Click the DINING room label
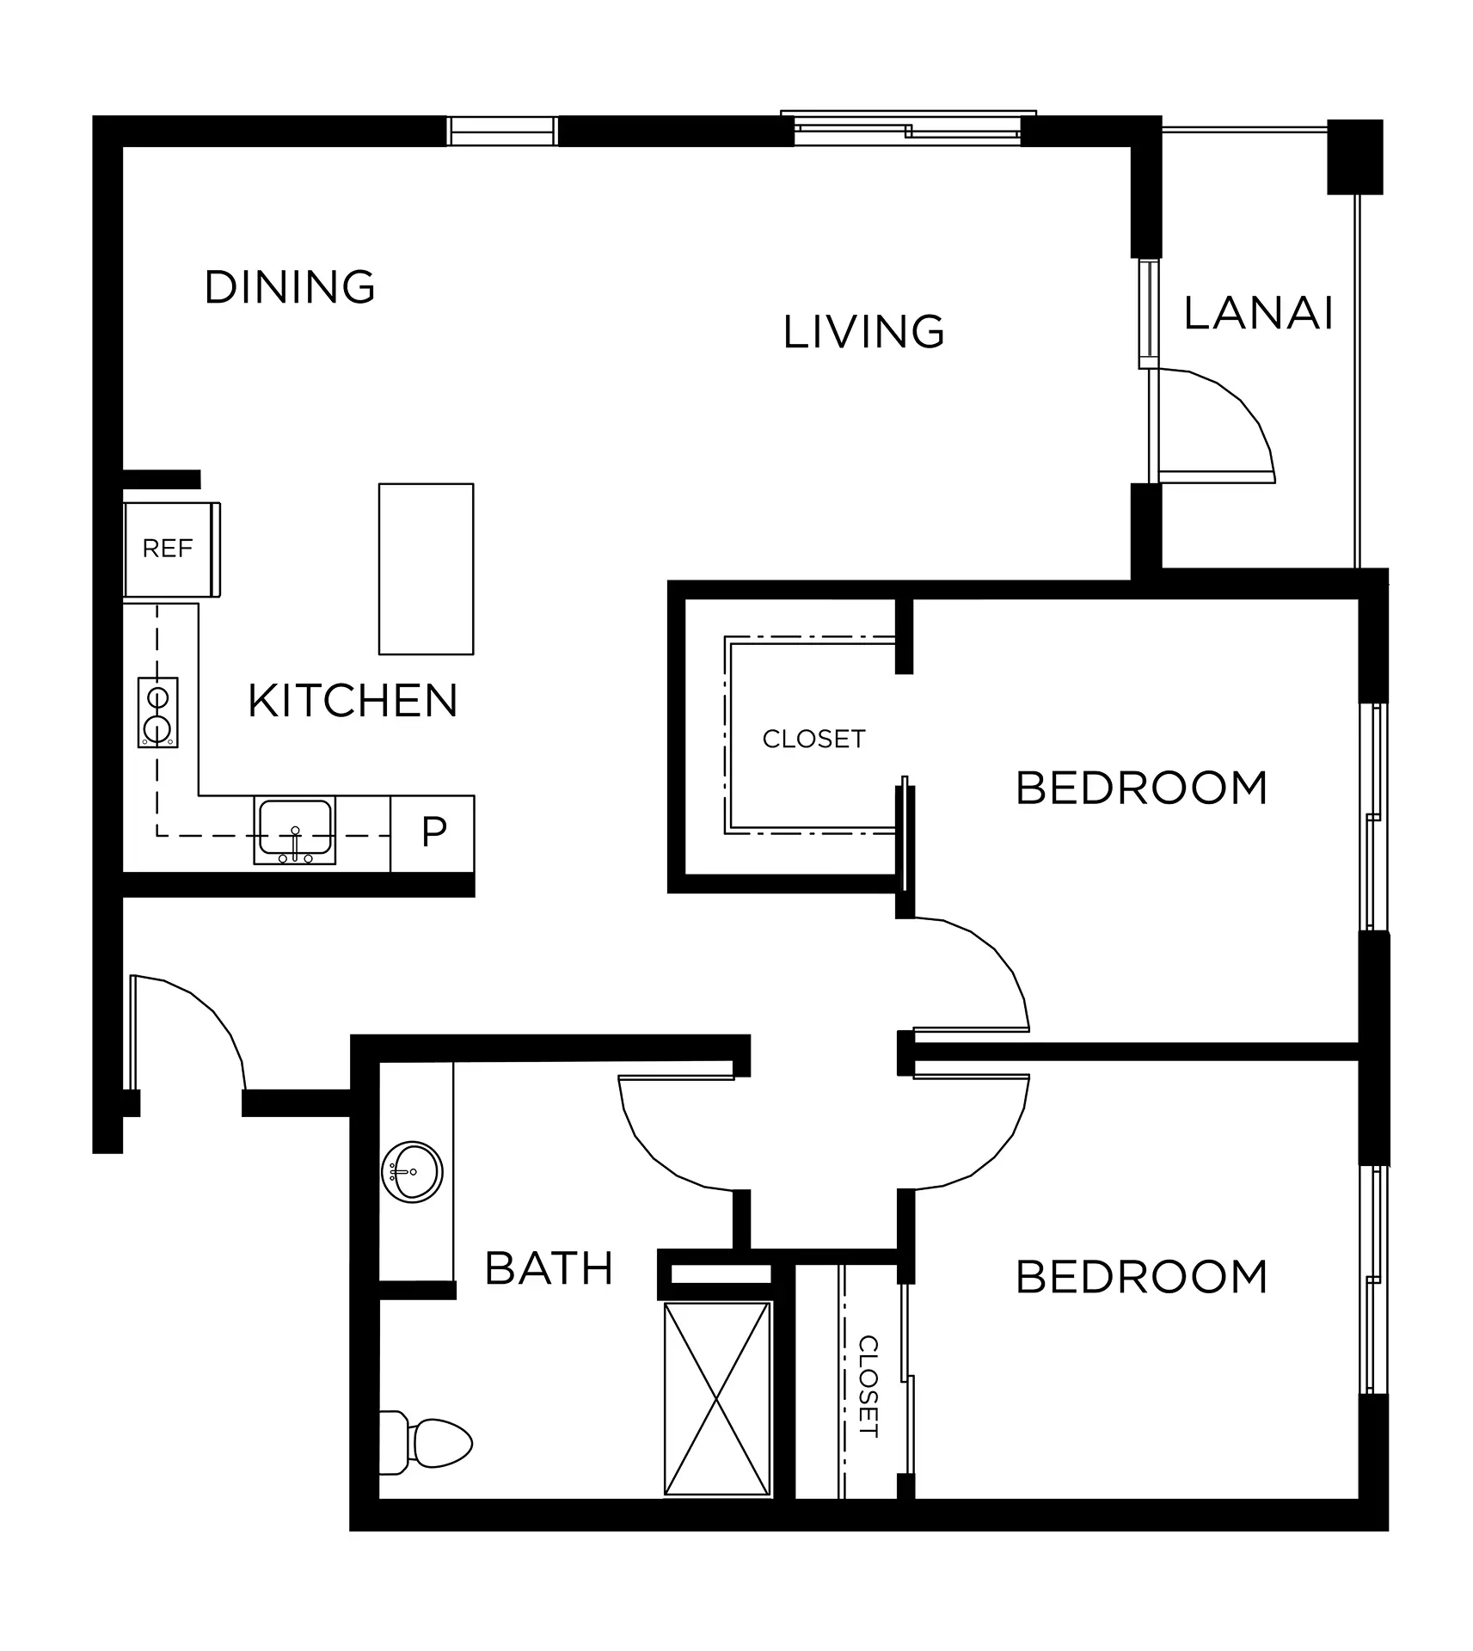click(x=290, y=287)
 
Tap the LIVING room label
click(x=863, y=332)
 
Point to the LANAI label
click(x=1258, y=313)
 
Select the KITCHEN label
click(x=353, y=701)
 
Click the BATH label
click(x=549, y=1268)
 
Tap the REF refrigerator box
click(x=171, y=549)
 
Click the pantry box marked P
click(x=433, y=833)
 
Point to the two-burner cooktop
click(x=158, y=713)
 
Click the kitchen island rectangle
click(x=427, y=569)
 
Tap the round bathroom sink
click(x=412, y=1172)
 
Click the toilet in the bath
click(x=427, y=1443)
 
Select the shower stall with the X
click(x=717, y=1399)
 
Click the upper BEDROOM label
click(x=1142, y=789)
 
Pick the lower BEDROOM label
click(x=1142, y=1278)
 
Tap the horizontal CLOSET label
click(x=813, y=740)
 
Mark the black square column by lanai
click(x=1355, y=157)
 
